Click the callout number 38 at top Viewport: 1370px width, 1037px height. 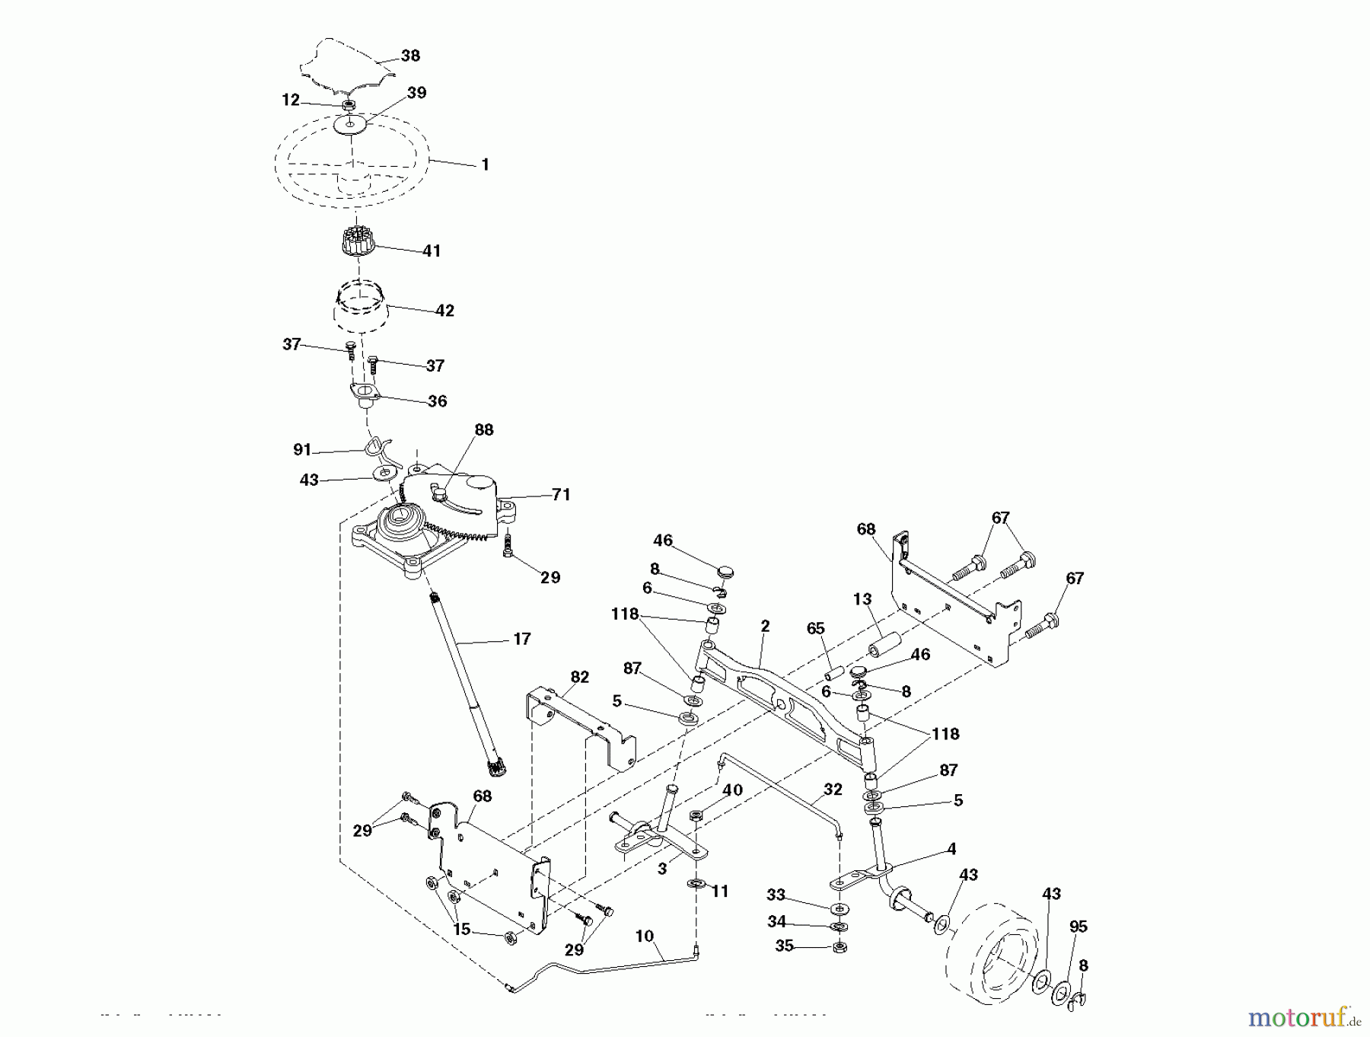pos(410,56)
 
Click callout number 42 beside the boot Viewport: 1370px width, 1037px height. pos(444,311)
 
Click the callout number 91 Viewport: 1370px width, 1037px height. pos(302,450)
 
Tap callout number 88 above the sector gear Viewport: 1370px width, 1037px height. pos(484,430)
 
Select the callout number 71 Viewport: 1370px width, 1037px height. pos(561,495)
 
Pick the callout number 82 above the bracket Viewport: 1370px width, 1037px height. pos(580,677)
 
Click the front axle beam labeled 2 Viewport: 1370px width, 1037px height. pos(784,685)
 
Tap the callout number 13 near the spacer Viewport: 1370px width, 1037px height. pos(862,599)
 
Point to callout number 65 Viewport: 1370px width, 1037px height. pos(815,629)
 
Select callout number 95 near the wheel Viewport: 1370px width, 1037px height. pos(1078,927)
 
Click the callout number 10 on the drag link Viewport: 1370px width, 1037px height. pos(645,936)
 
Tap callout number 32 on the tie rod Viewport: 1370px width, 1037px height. pos(833,790)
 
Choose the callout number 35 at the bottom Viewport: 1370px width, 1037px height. pos(784,946)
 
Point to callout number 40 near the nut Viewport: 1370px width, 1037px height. pos(732,790)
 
